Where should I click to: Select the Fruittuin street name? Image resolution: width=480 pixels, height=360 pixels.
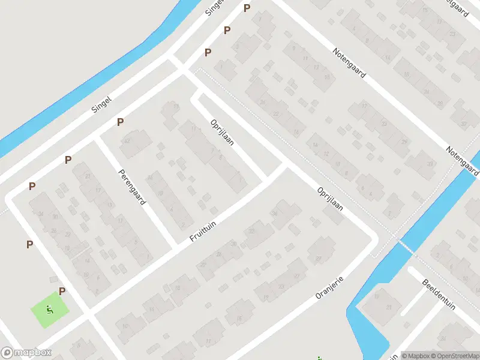click(203, 230)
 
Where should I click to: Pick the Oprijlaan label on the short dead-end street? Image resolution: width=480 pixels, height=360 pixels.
click(222, 133)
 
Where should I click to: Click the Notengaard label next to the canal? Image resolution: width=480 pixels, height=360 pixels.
click(462, 159)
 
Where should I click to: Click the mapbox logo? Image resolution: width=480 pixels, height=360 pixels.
click(26, 353)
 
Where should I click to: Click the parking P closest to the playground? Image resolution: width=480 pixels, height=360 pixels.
click(62, 291)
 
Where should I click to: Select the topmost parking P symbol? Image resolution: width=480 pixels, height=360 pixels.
click(247, 8)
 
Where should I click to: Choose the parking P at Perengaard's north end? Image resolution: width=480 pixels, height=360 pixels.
click(121, 122)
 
